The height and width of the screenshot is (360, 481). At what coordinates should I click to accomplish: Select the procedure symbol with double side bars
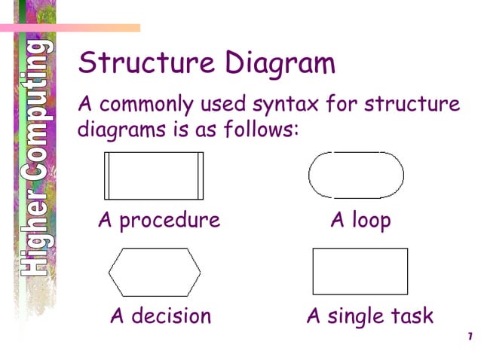coord(154,175)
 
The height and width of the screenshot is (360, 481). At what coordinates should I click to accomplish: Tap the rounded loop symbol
coord(356,175)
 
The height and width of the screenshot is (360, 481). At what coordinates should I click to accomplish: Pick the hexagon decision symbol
coord(155,271)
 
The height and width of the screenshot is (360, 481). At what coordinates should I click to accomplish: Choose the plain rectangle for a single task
coord(360,271)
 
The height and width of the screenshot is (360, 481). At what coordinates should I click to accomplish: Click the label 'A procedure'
coord(159,221)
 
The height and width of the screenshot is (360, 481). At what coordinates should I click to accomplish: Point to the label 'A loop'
coord(360,221)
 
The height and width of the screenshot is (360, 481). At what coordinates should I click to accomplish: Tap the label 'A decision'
coord(161,316)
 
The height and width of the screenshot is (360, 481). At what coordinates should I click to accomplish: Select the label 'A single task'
coord(369,316)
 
